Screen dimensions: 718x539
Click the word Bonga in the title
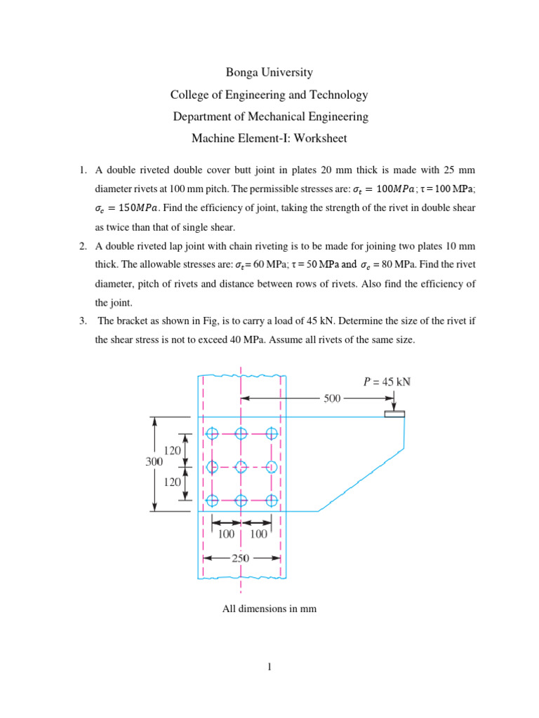coord(241,72)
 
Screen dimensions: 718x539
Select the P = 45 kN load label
coord(386,382)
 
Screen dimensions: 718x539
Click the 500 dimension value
coord(332,398)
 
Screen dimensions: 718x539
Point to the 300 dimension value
coord(154,462)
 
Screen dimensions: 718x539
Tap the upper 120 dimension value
coord(173,449)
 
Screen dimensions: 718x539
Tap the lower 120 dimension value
coord(173,482)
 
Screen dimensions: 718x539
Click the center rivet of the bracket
coord(241,466)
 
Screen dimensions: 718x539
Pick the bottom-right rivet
coord(272,500)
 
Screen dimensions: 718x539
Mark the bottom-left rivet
coord(212,500)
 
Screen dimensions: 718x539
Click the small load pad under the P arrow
coord(394,414)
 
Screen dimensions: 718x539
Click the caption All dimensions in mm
coord(269,609)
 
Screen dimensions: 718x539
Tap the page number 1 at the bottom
coord(269,667)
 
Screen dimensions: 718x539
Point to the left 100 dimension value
coord(226,535)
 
